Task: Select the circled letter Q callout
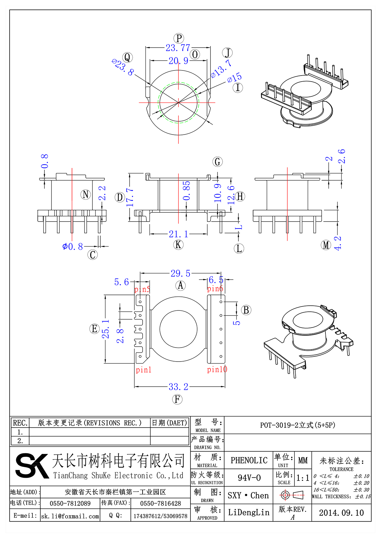tap(127, 57)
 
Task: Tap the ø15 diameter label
tap(235, 78)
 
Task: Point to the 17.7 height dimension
tap(130, 197)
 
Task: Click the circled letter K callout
tap(178, 244)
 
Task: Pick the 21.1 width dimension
tap(178, 234)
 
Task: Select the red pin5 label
tap(142, 289)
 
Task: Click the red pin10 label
tap(217, 369)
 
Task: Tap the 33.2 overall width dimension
tap(178, 387)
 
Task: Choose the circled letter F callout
tap(177, 399)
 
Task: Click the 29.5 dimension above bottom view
tap(180, 273)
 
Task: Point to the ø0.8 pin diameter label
tap(73, 246)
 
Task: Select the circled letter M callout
tap(326, 245)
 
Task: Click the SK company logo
tap(32, 465)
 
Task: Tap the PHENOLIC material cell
tap(249, 460)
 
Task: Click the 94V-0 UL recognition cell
tap(249, 478)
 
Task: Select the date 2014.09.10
tap(341, 513)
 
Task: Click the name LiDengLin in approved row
tap(249, 512)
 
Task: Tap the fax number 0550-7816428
tap(160, 503)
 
